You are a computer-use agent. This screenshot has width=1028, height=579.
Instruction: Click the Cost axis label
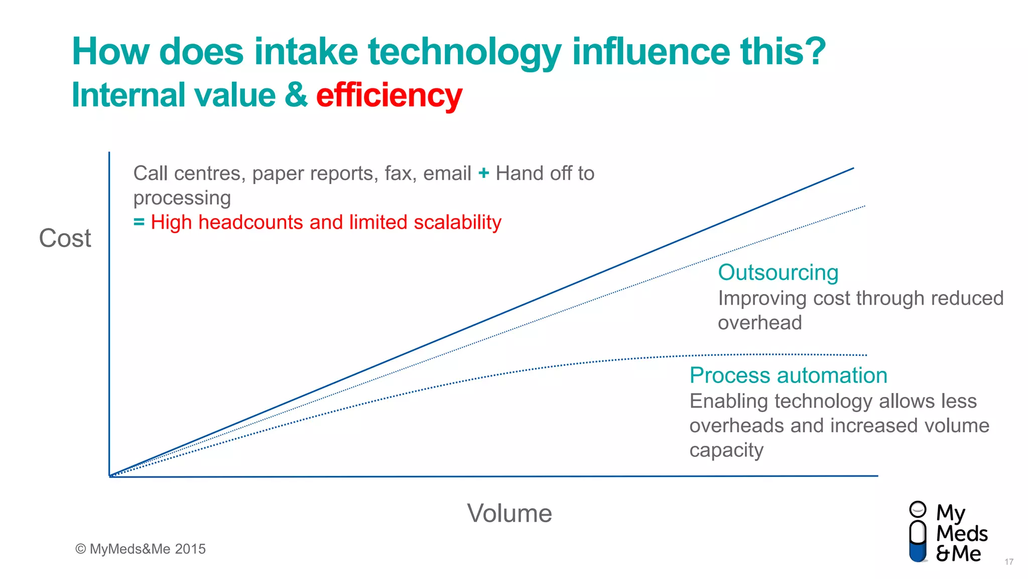[65, 238]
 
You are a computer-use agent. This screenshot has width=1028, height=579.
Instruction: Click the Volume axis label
[509, 513]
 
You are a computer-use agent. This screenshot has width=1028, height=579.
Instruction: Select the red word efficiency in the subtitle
[389, 95]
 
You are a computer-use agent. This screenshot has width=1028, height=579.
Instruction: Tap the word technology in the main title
[465, 52]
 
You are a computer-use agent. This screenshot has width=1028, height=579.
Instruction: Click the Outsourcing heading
[778, 272]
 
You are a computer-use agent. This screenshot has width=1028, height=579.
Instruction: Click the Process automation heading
[788, 375]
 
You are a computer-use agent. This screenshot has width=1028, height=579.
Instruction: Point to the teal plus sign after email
[483, 173]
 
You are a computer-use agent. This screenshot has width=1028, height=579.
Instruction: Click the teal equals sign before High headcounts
[139, 222]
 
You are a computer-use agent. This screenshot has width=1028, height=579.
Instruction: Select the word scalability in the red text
[457, 222]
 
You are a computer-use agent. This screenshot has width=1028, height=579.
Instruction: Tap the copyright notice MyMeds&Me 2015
[141, 549]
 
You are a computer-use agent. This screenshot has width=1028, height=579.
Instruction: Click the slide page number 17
[1009, 562]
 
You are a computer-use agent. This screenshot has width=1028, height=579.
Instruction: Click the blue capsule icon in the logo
[918, 541]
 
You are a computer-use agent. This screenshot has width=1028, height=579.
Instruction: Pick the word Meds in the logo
[962, 533]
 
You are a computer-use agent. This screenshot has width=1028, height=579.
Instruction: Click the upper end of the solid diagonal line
[852, 169]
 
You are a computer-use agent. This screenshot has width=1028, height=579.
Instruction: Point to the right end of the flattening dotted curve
[865, 355]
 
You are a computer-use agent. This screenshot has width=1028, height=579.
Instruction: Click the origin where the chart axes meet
[109, 475]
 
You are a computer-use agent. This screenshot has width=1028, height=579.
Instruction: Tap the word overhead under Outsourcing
[759, 323]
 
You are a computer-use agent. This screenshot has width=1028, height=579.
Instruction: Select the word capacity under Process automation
[726, 450]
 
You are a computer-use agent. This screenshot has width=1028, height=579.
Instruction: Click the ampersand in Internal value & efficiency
[296, 95]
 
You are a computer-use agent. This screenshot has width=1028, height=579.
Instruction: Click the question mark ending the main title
[813, 52]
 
